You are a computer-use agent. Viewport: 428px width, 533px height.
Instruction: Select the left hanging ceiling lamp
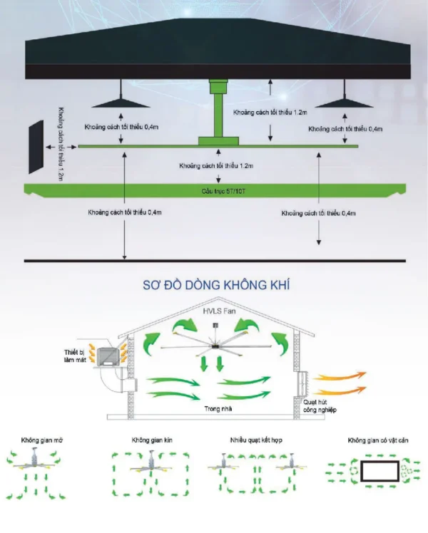coord(121,101)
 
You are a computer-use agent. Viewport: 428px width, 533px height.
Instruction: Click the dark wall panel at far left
coord(35,148)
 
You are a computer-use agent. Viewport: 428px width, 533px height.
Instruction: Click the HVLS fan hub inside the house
coord(215,346)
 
